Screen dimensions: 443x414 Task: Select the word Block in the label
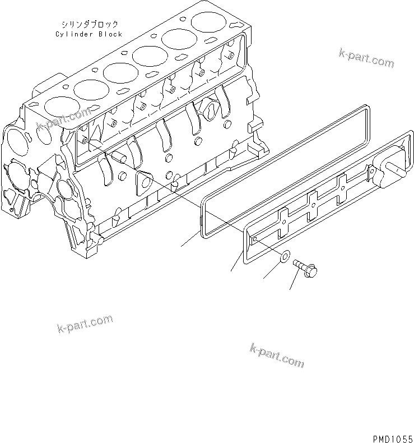coord(110,34)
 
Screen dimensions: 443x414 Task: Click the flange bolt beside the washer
coord(305,268)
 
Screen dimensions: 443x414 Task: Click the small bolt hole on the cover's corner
coord(255,239)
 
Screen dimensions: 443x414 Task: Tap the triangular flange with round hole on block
coord(144,182)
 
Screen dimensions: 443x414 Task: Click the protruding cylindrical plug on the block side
coord(119,158)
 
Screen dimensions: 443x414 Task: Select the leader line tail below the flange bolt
coord(290,289)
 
